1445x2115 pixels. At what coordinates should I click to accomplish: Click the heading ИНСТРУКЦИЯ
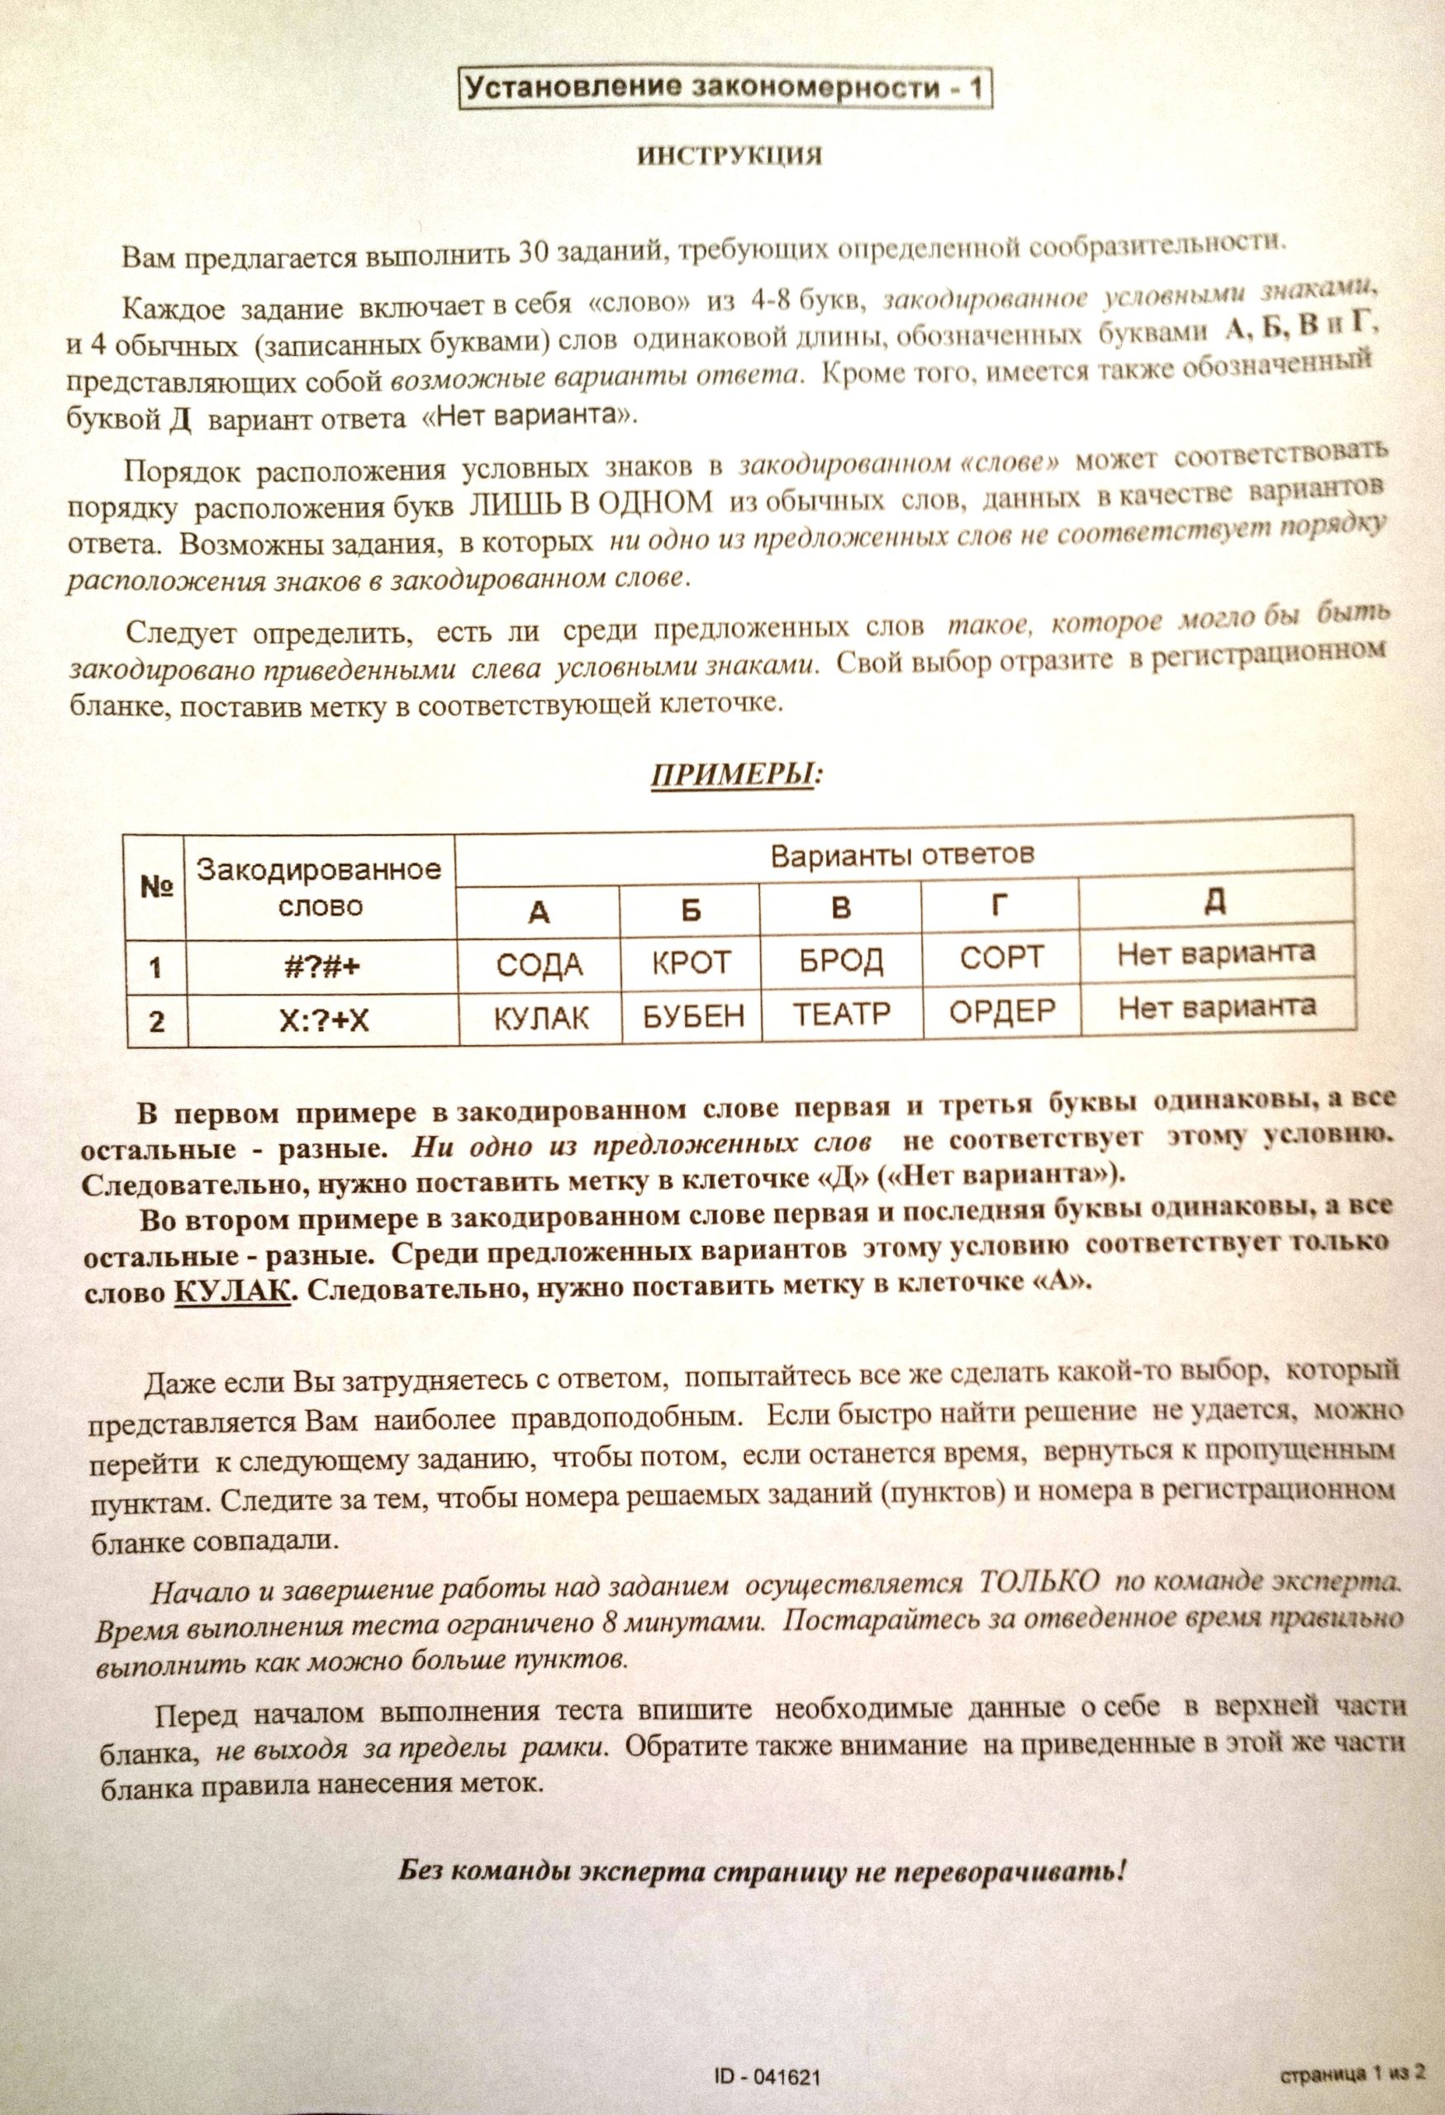pyautogui.click(x=729, y=156)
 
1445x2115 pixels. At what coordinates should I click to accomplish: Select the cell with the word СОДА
pyautogui.click(x=539, y=965)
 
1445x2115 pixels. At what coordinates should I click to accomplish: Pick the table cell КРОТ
pyautogui.click(x=692, y=962)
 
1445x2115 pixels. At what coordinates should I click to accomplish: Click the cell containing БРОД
pyautogui.click(x=842, y=961)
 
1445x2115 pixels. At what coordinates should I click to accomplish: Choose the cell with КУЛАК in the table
pyautogui.click(x=540, y=1019)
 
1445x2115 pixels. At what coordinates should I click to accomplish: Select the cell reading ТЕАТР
pyautogui.click(x=842, y=1014)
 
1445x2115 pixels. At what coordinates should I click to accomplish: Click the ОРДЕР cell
pyautogui.click(x=1001, y=1011)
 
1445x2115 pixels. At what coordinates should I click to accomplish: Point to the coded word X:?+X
pyautogui.click(x=322, y=1021)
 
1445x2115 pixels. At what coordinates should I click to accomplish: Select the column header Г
pyautogui.click(x=1000, y=905)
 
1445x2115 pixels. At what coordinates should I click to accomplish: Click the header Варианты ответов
pyautogui.click(x=903, y=855)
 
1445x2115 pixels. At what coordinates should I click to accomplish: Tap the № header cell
pyautogui.click(x=155, y=886)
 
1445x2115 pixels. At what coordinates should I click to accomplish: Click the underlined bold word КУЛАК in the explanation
pyautogui.click(x=231, y=1290)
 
